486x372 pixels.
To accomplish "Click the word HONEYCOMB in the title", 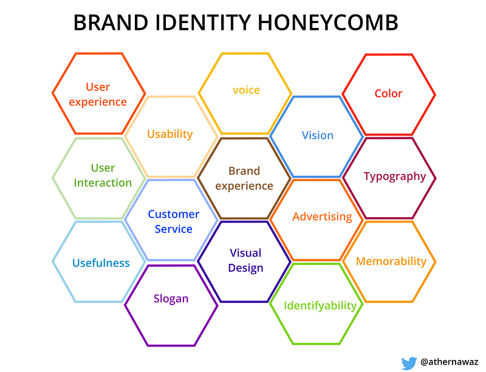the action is tap(328, 22).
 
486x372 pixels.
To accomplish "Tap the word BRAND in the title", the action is tap(111, 22).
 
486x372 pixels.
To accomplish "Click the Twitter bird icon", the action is tap(409, 363).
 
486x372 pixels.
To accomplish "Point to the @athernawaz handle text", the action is tap(450, 362).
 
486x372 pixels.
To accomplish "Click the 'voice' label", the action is tap(247, 90).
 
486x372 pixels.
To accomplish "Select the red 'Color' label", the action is tap(388, 94).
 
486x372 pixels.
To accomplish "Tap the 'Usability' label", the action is tap(170, 134).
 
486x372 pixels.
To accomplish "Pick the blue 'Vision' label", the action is tap(318, 135).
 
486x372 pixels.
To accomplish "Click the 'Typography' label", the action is tap(395, 176).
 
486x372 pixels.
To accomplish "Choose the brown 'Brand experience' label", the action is tap(244, 178).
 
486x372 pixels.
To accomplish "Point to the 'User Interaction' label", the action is tap(103, 175).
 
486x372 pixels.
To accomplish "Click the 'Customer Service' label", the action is tap(174, 221).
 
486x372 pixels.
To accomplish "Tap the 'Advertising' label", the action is tap(323, 216).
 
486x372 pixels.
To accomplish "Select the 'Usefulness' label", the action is tap(101, 263).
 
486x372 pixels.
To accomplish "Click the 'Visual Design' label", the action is tap(245, 260).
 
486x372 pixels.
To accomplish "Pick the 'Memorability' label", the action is tap(391, 261).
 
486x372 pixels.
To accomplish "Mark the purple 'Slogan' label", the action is tap(171, 298).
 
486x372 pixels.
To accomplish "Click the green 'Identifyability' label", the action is tap(320, 306).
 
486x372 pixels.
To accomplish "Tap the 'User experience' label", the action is tap(98, 94).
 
